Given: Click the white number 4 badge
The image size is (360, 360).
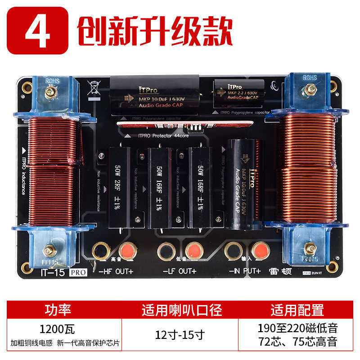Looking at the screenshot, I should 38,31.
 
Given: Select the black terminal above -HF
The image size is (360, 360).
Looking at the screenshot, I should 99,249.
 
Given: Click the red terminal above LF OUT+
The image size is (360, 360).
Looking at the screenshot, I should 192,249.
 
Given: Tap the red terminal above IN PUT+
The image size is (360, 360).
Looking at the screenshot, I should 258,249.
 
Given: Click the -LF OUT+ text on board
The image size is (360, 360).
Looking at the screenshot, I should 180,271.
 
